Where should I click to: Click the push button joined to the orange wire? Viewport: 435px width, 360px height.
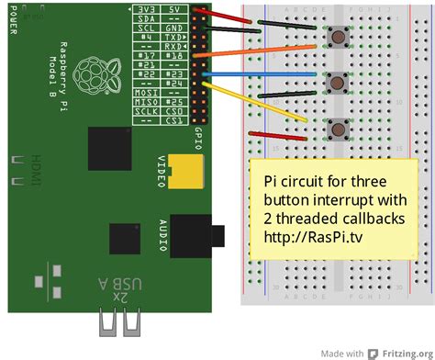pyautogui.click(x=339, y=38)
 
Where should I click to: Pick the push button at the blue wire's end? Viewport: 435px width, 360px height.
pyautogui.click(x=339, y=81)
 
